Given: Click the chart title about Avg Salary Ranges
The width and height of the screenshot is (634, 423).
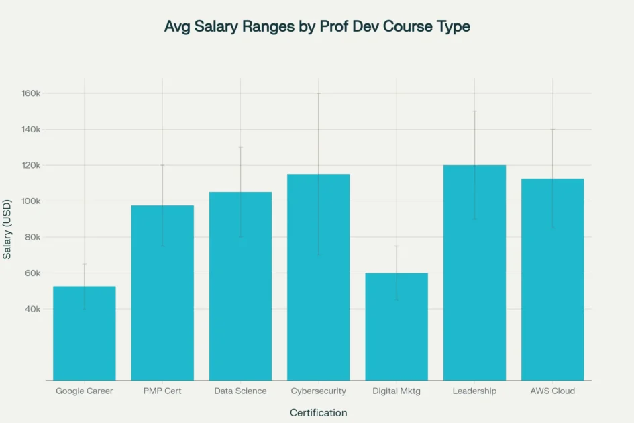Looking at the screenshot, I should pos(317,27).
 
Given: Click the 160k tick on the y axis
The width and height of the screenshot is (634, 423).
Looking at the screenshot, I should pos(32,93).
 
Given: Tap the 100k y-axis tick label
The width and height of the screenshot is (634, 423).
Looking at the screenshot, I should pos(32,201).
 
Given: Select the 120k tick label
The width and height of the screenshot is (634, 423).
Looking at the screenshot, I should pos(32,165).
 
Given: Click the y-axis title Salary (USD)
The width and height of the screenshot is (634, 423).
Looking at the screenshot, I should pos(7,228).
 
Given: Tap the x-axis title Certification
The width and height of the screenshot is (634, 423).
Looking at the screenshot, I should pos(319,412).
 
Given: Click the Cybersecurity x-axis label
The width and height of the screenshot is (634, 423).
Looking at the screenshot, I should pos(319,391).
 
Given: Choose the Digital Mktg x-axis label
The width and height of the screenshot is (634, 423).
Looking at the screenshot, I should pos(397,391).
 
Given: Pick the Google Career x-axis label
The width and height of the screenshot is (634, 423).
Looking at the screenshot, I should pos(85,391).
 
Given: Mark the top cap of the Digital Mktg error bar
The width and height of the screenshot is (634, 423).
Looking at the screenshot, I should pos(397,246).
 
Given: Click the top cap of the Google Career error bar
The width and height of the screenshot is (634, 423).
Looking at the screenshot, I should pos(85,264).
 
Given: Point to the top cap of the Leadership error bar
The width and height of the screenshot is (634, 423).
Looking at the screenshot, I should pos(474,111).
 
